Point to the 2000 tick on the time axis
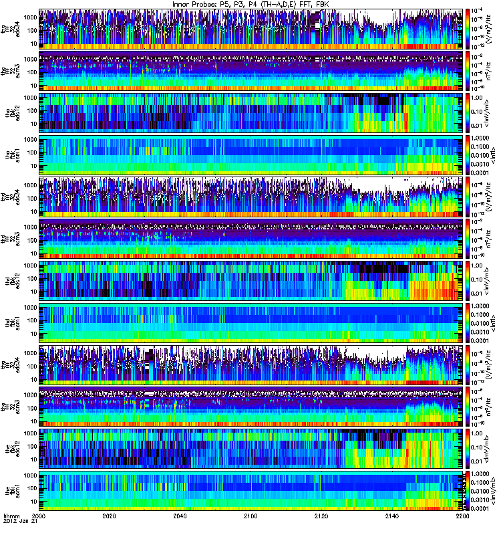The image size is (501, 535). coord(39,516)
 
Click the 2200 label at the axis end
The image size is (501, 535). coord(459,516)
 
